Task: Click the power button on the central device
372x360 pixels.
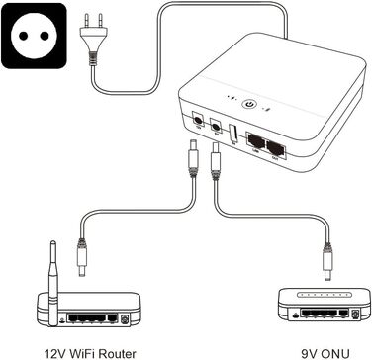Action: coord(249,101)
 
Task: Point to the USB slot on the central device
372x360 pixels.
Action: coord(233,132)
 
